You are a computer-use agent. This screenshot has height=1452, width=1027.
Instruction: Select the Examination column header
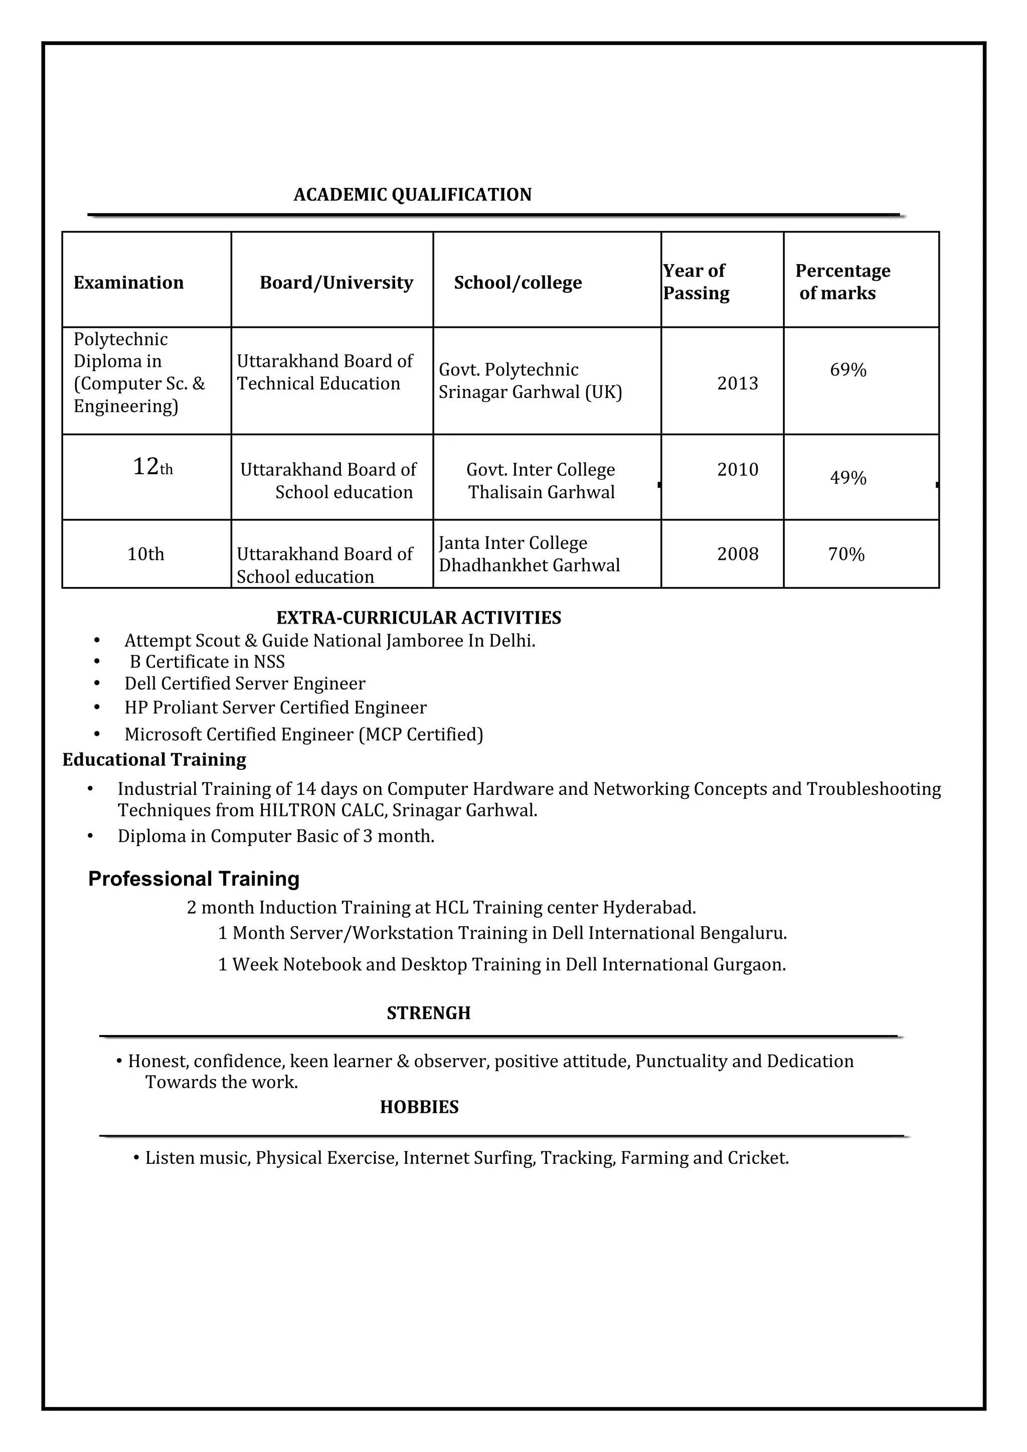coord(128,283)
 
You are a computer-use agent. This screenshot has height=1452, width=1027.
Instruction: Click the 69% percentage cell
coord(847,370)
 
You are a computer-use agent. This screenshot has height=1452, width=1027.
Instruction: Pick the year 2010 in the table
coord(737,470)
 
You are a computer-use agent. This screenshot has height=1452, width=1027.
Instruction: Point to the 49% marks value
coord(847,478)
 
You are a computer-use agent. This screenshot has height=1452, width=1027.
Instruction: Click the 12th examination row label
coord(152,468)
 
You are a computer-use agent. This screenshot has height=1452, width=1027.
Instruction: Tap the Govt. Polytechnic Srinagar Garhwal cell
coord(530,381)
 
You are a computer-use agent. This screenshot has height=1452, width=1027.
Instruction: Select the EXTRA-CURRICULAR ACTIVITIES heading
coord(418,618)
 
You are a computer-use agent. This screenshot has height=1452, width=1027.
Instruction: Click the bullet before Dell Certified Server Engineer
coord(97,684)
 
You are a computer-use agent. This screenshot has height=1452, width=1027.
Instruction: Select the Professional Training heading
coord(194,879)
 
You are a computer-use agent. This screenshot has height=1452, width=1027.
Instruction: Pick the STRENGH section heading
coord(428,1013)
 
